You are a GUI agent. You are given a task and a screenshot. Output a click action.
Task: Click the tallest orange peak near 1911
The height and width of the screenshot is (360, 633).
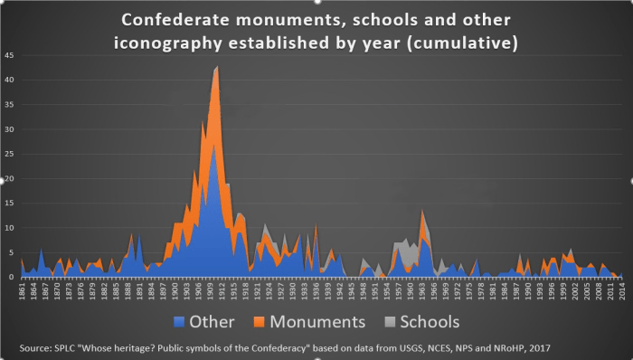217,67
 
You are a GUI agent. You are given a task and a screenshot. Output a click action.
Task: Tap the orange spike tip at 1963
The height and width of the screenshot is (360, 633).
421,210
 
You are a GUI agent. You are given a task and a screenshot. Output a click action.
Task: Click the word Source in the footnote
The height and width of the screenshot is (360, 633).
36,346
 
